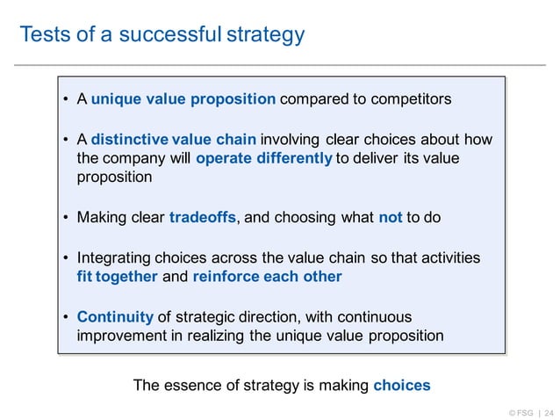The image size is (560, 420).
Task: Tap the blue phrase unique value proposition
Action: click(x=183, y=98)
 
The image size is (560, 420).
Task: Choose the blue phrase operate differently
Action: click(x=264, y=158)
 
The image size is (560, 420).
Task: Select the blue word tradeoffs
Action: click(x=202, y=217)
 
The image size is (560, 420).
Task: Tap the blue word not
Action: click(x=390, y=217)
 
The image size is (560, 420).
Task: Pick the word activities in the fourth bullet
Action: click(x=449, y=257)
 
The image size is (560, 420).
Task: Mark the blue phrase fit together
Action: click(x=117, y=276)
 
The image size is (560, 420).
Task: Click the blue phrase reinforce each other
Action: click(x=268, y=276)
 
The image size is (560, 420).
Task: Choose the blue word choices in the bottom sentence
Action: click(x=402, y=385)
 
